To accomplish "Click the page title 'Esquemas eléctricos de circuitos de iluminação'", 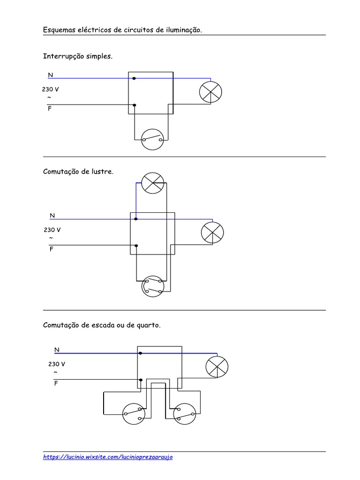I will (123, 30).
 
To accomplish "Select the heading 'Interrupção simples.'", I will (78, 56).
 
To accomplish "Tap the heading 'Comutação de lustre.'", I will (78, 172).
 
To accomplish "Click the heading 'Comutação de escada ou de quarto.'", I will (102, 325).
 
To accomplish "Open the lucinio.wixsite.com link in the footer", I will (108, 457).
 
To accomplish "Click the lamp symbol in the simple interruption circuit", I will (211, 92).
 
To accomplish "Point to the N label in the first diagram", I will (50, 75).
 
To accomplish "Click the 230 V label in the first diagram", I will (51, 89).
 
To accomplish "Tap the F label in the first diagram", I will (50, 108).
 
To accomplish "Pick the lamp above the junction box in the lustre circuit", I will (153, 182).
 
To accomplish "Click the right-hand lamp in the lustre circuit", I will (212, 232).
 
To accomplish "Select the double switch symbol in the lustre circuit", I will (153, 286).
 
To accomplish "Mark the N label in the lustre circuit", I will (52, 216).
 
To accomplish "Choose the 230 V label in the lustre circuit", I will (52, 230).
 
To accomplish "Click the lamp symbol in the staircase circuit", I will (217, 366).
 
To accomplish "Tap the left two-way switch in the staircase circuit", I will (135, 414).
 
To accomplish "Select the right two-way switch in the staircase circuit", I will (184, 414).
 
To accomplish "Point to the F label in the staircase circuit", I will (56, 383).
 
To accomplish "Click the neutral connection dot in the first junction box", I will (134, 78).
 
